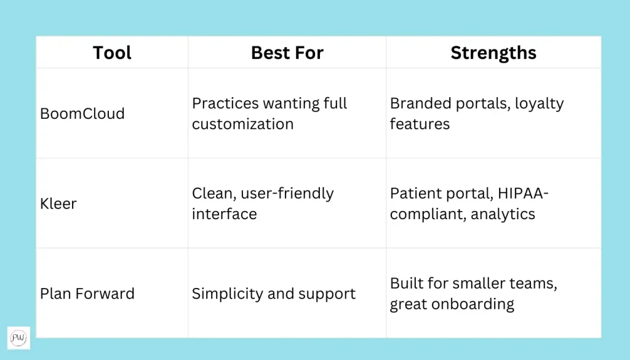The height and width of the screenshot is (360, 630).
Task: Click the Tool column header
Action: click(x=112, y=53)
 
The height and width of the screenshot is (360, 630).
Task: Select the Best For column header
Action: click(x=287, y=53)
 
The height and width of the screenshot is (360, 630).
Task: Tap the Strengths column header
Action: click(x=493, y=53)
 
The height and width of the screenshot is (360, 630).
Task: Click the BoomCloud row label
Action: click(x=82, y=114)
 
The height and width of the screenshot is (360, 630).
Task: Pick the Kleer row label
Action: click(x=58, y=204)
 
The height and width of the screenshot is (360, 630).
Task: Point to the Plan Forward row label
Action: click(x=87, y=294)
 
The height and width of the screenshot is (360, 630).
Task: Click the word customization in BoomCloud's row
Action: click(x=242, y=124)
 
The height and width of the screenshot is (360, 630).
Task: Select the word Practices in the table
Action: click(x=225, y=103)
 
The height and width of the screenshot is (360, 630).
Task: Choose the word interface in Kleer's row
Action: click(x=224, y=214)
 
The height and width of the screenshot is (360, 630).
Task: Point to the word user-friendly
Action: click(x=287, y=194)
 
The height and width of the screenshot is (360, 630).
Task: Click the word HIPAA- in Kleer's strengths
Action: click(x=523, y=193)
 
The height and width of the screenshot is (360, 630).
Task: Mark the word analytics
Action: click(x=503, y=215)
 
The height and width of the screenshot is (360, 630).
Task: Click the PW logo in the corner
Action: click(x=18, y=338)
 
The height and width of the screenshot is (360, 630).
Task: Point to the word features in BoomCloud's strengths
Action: click(x=420, y=124)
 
